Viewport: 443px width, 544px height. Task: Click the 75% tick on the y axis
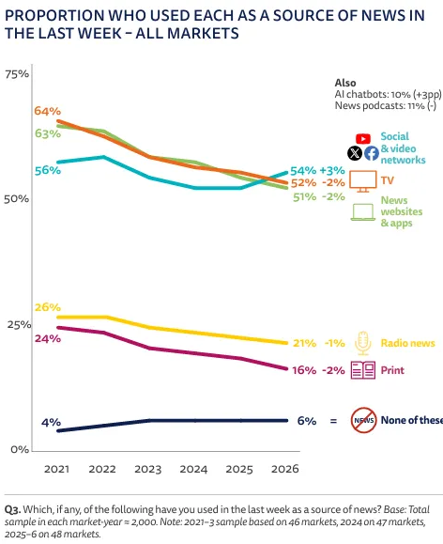pos(17,74)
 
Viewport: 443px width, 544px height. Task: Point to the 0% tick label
pos(20,450)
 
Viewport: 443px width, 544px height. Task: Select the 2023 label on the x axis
pos(148,469)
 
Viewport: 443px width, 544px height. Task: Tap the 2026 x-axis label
pos(285,469)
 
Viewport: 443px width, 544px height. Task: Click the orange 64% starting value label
pos(48,111)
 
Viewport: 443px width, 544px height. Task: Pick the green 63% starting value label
pos(48,133)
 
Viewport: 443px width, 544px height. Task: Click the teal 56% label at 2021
pos(48,170)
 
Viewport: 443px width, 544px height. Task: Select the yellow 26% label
pos(48,307)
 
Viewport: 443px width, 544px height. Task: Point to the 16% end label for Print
pos(304,370)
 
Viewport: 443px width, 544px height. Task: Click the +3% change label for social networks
pos(332,171)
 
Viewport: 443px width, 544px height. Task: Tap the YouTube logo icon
pos(363,139)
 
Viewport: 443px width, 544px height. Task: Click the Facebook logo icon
pos(372,153)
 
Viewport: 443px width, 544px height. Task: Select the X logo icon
pos(355,153)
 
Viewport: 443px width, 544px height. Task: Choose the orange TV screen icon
pos(363,181)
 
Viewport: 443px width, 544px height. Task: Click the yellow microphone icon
pos(363,344)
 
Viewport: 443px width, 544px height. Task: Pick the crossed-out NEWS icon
pos(363,420)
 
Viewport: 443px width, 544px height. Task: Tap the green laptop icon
pos(363,212)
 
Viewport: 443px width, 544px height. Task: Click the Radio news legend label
pos(407,343)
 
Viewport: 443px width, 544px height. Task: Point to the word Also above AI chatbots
pos(345,83)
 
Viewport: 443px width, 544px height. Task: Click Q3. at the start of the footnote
pos(12,509)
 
